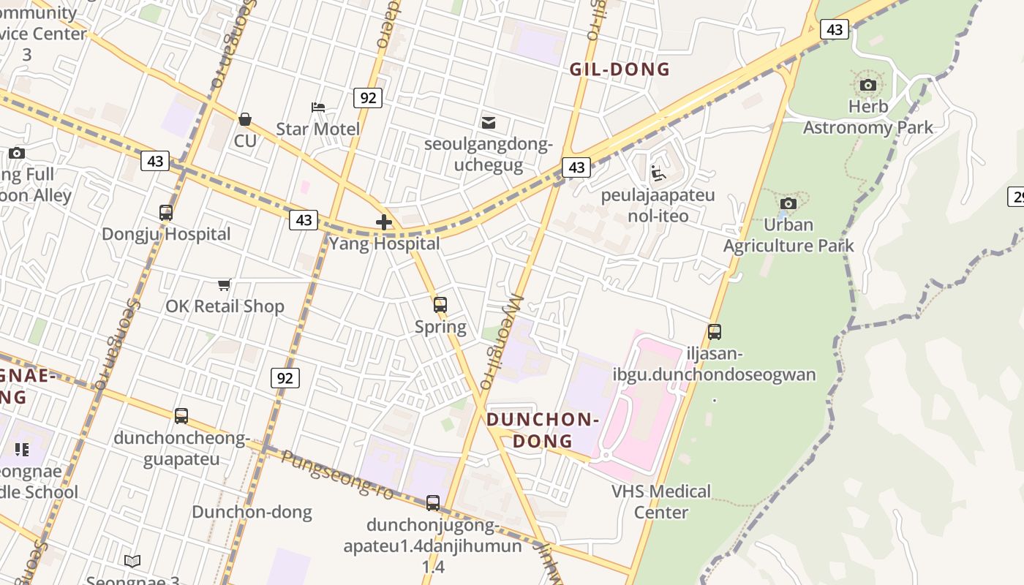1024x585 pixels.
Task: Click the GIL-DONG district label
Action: coord(620,69)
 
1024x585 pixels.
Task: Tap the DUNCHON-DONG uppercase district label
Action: coord(542,430)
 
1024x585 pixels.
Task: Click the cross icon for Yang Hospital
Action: coord(384,222)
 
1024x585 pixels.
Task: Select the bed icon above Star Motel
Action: coord(318,107)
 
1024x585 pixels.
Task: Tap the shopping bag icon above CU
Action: coord(245,119)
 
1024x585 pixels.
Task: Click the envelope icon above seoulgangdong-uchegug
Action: coord(488,122)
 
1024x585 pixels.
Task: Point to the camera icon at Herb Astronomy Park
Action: coord(868,86)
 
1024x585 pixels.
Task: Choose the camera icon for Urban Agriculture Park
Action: coord(788,204)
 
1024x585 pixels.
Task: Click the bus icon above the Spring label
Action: coord(440,305)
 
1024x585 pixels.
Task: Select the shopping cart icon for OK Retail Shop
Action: coord(225,284)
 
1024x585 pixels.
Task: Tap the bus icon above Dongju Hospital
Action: coord(166,213)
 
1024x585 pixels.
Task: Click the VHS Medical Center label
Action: coord(661,501)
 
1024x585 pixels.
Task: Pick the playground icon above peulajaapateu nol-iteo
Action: coord(658,173)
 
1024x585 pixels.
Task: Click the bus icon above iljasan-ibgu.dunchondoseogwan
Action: coord(715,332)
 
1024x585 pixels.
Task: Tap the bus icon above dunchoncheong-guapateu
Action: coord(181,416)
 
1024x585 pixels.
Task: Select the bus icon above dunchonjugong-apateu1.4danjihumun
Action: coord(433,503)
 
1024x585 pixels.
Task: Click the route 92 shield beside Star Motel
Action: coord(367,97)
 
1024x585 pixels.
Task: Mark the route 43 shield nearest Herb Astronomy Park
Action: coord(835,29)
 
